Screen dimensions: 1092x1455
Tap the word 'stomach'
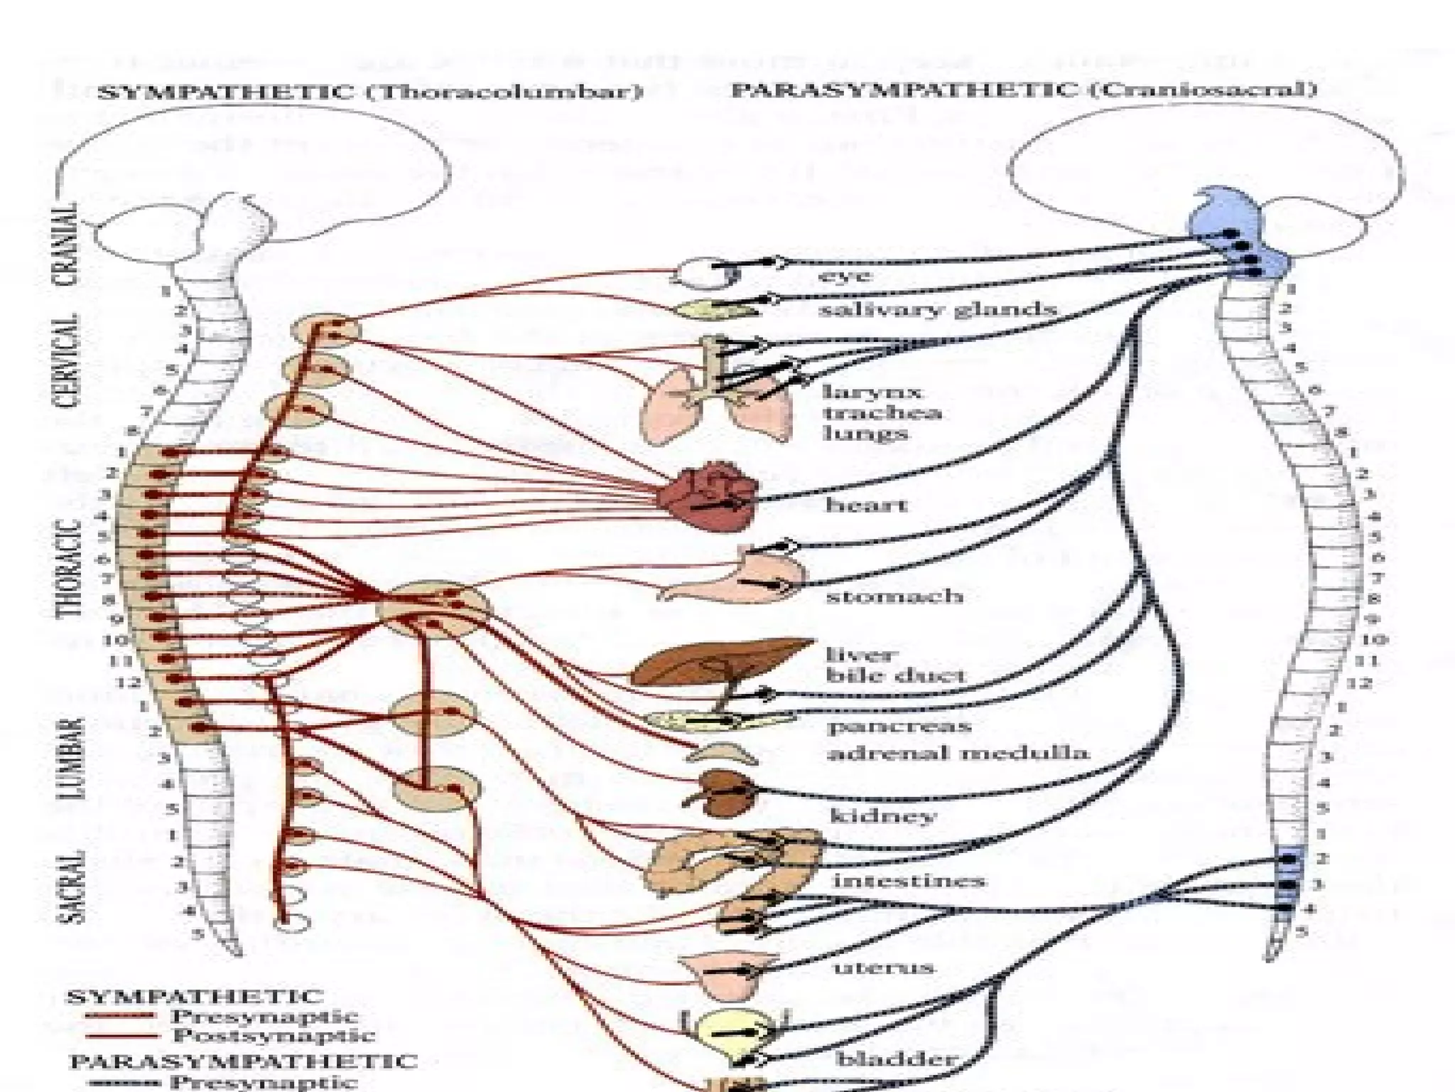[x=894, y=596]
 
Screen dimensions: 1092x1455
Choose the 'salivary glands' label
[x=937, y=310]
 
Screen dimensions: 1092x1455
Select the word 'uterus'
[x=883, y=968]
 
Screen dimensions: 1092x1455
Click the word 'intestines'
[x=909, y=882]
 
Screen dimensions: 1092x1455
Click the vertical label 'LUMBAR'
[x=73, y=757]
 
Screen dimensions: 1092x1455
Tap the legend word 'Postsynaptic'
[x=274, y=1035]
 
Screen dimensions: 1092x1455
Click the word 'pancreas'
[x=899, y=727]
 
